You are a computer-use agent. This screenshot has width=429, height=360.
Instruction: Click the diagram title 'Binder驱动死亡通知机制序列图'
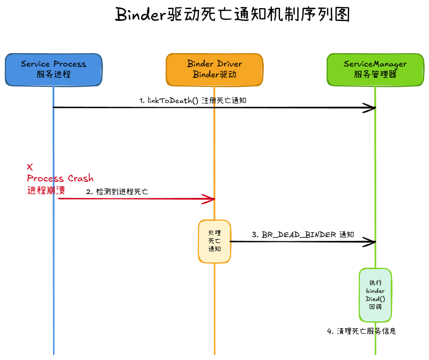[x=233, y=15]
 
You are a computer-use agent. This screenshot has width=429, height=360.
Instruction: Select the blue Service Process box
[x=54, y=69]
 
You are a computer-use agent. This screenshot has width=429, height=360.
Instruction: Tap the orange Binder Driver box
[x=214, y=69]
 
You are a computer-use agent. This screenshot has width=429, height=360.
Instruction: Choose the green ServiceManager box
[x=375, y=69]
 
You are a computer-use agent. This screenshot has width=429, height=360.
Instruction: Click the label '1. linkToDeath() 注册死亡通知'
[x=193, y=100]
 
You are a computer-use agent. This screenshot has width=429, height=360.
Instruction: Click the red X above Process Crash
[x=29, y=167]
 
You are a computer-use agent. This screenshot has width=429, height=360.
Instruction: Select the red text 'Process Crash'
[x=60, y=178]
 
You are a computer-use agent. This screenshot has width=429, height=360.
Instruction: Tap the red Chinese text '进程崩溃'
[x=46, y=190]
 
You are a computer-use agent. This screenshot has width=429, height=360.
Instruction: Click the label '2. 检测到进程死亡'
[x=117, y=192]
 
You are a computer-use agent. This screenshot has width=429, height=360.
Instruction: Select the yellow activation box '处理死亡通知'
[x=214, y=241]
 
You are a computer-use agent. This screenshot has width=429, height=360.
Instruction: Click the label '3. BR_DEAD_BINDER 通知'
[x=302, y=234]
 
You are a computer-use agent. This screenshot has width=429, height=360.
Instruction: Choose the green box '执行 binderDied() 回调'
[x=375, y=295]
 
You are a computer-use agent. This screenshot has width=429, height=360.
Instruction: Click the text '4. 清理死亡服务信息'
[x=361, y=331]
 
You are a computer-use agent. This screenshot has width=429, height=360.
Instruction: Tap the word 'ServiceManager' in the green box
[x=375, y=64]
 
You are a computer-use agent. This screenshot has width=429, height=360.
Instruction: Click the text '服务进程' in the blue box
[x=54, y=75]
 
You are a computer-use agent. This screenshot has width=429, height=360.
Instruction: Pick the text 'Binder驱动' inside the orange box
[x=214, y=75]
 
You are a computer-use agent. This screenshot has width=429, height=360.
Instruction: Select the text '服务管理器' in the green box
[x=375, y=75]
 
